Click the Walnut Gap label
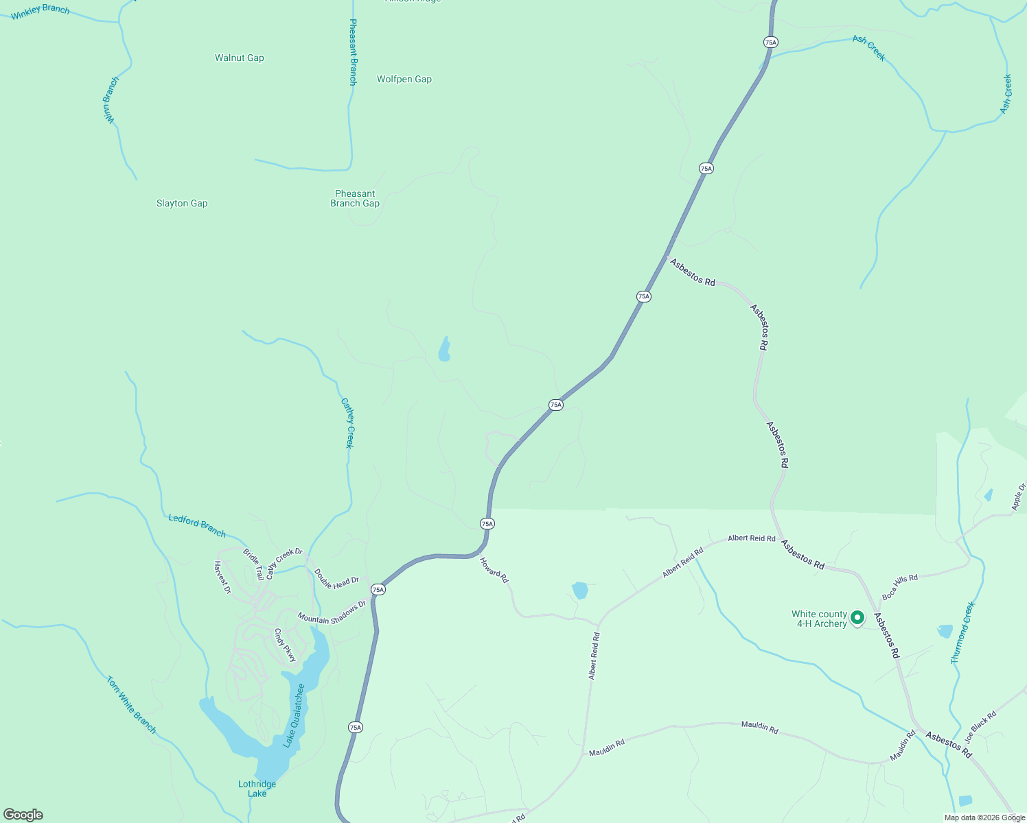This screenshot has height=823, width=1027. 239,58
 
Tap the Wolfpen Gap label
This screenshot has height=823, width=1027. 404,80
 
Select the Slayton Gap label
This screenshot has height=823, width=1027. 182,204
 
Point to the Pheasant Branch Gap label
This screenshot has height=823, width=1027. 355,199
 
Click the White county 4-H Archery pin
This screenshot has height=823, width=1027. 857,618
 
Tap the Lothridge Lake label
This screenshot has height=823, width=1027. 257,789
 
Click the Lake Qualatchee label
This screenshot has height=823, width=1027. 295,715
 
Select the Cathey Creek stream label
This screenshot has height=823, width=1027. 349,424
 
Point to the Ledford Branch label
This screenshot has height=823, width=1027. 197,525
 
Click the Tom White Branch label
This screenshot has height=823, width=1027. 131,705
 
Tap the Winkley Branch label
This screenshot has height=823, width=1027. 40,11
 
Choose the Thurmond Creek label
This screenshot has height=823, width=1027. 962,633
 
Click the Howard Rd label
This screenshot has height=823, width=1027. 494,571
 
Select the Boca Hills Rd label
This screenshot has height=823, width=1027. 900,588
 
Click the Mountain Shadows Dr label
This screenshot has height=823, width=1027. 332,612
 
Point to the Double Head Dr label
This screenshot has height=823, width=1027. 336,580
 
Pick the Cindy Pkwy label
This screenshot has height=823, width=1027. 285,645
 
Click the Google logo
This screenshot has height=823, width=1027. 23,815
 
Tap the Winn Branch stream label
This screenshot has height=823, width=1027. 111,100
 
